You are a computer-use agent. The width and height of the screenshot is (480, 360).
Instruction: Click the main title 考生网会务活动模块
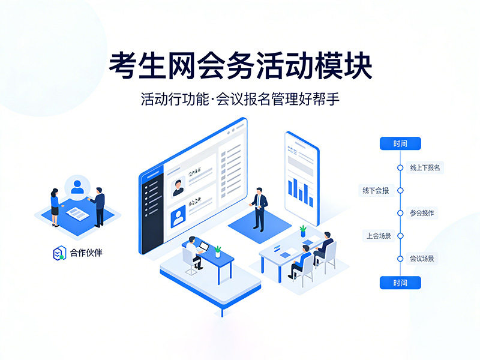[240, 67]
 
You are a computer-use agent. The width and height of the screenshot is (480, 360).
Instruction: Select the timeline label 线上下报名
[425, 167]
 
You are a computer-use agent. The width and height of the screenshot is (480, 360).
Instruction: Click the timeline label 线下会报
[376, 191]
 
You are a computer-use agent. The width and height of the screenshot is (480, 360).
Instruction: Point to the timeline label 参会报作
[422, 213]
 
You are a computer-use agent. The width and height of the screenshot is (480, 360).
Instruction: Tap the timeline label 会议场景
[422, 259]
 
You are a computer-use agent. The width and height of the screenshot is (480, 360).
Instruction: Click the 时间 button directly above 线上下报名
[400, 143]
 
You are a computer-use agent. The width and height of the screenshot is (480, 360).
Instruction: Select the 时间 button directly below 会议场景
[400, 283]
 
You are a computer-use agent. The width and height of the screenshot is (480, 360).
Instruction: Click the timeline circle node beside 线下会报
[400, 191]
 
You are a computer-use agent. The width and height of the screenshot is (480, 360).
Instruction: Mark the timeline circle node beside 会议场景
[400, 259]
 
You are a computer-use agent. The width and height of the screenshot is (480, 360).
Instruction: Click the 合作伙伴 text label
[86, 253]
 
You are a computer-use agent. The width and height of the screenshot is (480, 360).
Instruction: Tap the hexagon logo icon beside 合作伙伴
[58, 253]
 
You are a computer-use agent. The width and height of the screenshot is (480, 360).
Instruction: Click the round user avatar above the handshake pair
[77, 187]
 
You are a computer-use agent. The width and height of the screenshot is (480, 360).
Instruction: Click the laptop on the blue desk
[203, 247]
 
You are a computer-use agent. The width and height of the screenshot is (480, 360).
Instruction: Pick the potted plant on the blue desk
[217, 251]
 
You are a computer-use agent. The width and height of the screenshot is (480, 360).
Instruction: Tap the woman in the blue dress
[55, 206]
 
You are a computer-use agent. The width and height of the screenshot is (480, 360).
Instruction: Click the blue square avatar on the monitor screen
[178, 217]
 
